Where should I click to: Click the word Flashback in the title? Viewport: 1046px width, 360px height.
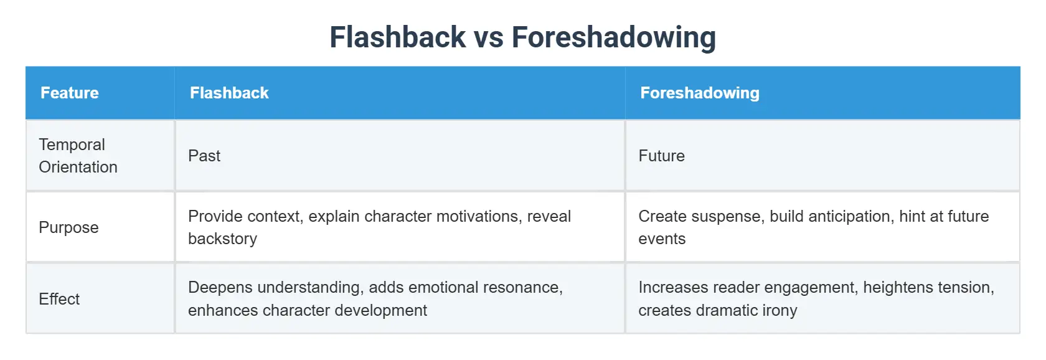(397, 37)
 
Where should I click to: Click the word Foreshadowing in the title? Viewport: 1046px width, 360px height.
(613, 37)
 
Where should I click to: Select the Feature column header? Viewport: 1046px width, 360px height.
(70, 93)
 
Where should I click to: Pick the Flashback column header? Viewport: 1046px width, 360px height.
(229, 93)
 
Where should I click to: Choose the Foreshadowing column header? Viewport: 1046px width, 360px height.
(700, 93)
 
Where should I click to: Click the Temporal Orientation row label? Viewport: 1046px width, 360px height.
(78, 156)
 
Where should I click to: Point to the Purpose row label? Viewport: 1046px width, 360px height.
(68, 227)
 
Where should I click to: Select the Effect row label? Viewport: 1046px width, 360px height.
(59, 299)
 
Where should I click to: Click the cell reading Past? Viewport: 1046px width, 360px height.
(204, 156)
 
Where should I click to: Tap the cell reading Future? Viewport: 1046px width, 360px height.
(661, 156)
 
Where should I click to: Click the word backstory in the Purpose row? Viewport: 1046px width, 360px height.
(222, 239)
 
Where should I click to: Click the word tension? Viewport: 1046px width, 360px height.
(971, 287)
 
